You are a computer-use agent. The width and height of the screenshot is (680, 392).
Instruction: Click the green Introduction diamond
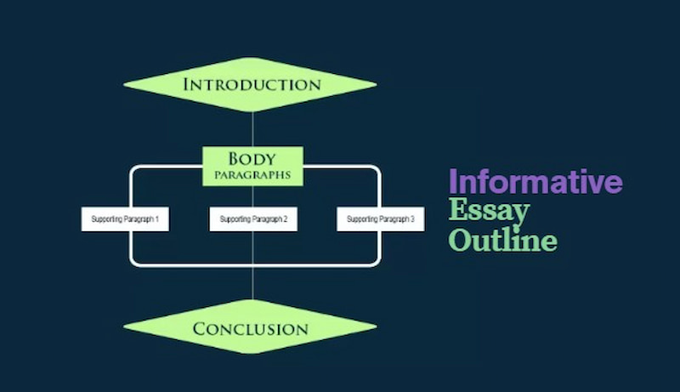pos(250,84)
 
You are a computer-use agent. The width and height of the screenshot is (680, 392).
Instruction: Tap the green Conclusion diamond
pos(250,328)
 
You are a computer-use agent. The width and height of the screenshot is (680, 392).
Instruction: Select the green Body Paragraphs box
pos(252,166)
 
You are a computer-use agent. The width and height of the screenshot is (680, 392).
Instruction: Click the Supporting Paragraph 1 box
pos(125,219)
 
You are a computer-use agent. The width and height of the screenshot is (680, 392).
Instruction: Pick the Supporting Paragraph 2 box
pos(253,219)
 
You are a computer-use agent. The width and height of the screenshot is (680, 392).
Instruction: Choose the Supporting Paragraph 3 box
pos(381,219)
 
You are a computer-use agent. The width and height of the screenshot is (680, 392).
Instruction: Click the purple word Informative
pos(535,181)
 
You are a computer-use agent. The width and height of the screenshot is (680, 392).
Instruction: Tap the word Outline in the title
pos(502,239)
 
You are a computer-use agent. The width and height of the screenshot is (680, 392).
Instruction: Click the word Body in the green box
pos(252,158)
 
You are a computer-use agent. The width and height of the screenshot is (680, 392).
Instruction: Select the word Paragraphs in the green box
pos(253,175)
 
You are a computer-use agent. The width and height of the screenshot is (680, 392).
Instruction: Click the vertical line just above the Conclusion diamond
pos(252,285)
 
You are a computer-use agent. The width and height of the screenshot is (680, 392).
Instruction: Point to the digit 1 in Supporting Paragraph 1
pos(157,219)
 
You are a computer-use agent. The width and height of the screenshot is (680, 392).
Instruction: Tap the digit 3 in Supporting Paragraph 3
pos(412,219)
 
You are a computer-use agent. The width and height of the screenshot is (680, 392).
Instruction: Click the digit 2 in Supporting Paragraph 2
pos(285,219)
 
